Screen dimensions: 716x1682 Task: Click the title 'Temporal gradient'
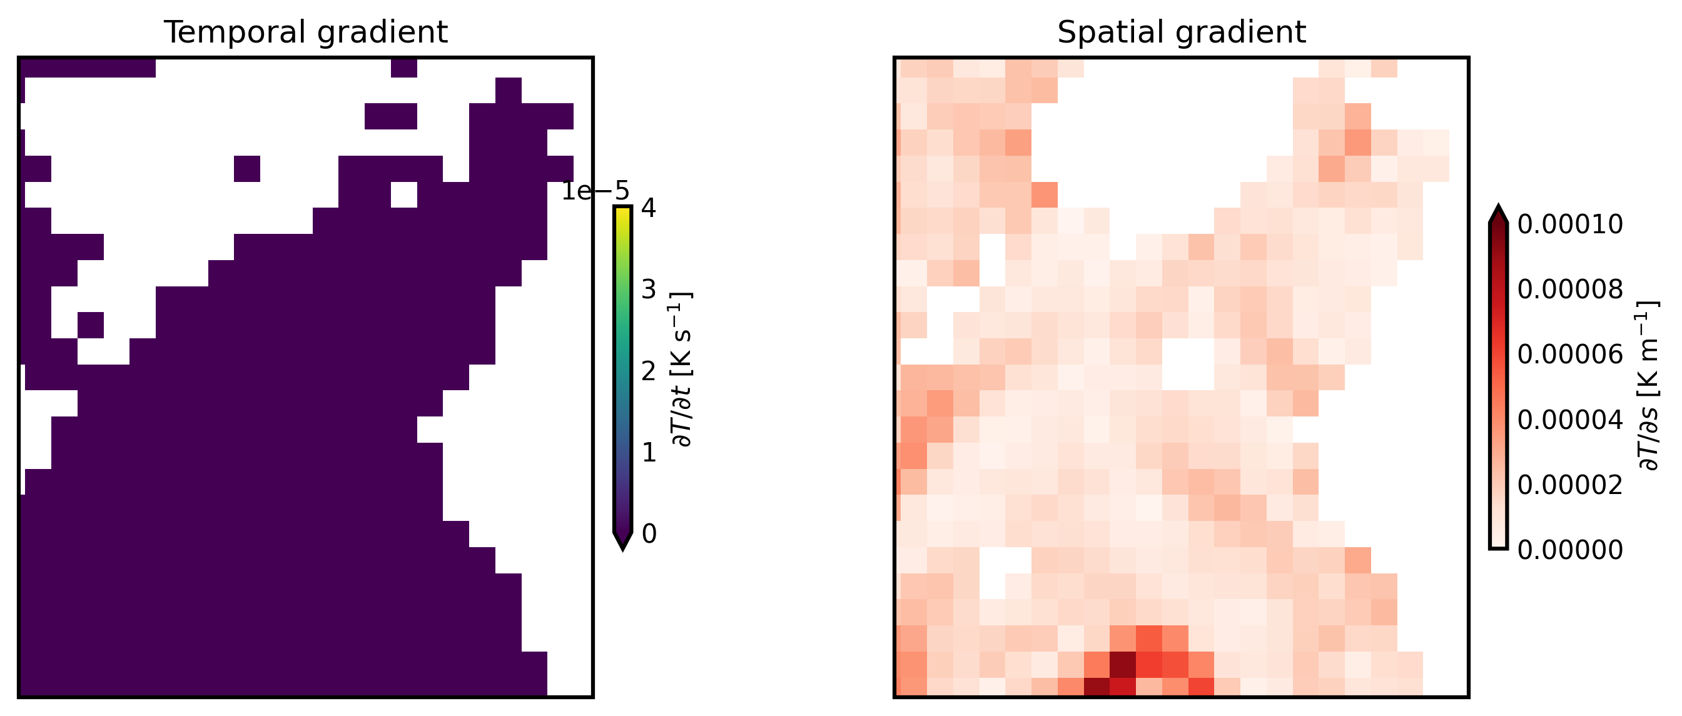click(x=306, y=32)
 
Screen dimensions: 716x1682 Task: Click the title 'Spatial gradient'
click(x=1181, y=32)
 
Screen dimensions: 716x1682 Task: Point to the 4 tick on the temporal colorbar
click(x=649, y=208)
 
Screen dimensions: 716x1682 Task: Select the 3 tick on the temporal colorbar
click(x=649, y=289)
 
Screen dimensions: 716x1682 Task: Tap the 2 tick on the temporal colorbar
click(x=649, y=371)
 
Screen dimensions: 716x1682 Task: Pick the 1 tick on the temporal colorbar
click(x=649, y=452)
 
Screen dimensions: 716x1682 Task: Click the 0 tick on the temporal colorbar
click(x=649, y=534)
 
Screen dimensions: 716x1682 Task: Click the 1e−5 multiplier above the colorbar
click(x=595, y=191)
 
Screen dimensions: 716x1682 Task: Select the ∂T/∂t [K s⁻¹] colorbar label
click(x=683, y=370)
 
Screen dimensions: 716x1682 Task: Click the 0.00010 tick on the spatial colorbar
click(x=1569, y=224)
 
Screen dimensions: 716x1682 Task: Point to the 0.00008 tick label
click(x=1569, y=289)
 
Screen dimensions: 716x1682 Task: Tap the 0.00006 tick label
click(x=1569, y=355)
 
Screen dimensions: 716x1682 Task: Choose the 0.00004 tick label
click(x=1569, y=420)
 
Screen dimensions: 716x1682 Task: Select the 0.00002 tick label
click(x=1569, y=485)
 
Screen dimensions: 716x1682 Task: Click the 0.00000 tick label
click(x=1569, y=550)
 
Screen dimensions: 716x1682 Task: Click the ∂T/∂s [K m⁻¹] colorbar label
click(x=1648, y=385)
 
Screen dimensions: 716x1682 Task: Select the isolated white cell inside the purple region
click(x=403, y=194)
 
